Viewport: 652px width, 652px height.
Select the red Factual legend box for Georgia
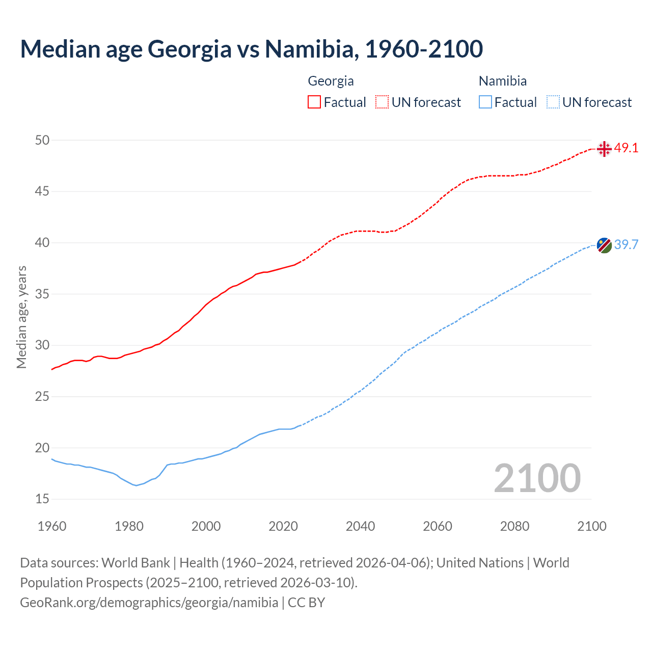click(x=314, y=102)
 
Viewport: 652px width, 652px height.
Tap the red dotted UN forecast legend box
click(x=382, y=102)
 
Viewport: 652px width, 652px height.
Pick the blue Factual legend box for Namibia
click(x=485, y=102)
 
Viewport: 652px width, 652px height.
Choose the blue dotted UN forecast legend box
click(x=553, y=102)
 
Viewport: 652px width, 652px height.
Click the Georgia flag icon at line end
click(x=604, y=149)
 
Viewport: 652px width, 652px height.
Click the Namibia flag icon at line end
click(x=604, y=245)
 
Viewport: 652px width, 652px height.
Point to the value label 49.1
click(x=626, y=148)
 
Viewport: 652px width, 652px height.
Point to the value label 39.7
click(x=626, y=245)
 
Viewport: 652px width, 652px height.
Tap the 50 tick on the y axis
click(x=42, y=140)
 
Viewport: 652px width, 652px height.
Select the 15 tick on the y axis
click(x=42, y=499)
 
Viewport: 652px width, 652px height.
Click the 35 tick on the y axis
click(x=42, y=294)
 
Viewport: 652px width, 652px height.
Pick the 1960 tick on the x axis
click(x=52, y=526)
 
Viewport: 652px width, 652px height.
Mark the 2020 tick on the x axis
click(x=283, y=526)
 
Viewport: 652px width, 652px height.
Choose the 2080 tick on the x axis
click(x=514, y=526)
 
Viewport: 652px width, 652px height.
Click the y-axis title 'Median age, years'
click(x=21, y=317)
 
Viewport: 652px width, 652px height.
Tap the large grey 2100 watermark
click(x=537, y=478)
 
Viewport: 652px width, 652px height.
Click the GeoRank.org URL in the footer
click(x=149, y=603)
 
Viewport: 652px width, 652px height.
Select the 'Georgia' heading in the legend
click(x=331, y=81)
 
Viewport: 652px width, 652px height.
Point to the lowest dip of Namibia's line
click(x=136, y=485)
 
